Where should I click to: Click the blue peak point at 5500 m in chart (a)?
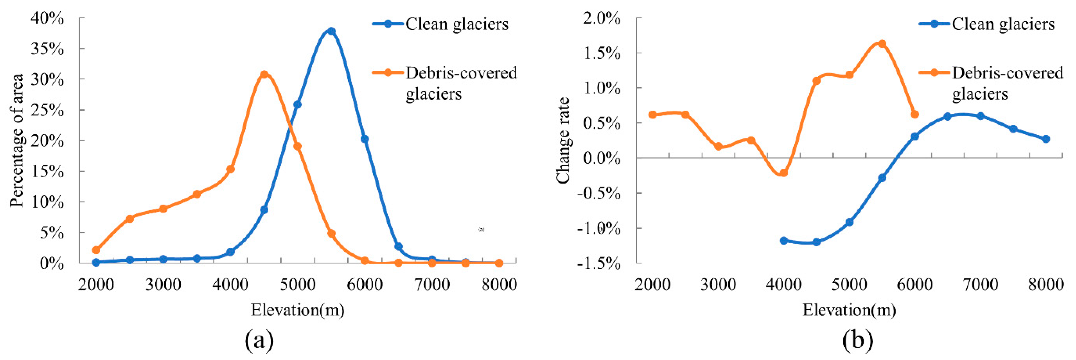tap(331, 31)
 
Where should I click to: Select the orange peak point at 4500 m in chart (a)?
tap(264, 74)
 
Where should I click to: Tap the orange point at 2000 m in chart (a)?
tap(96, 250)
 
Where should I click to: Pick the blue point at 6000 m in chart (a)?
tap(365, 139)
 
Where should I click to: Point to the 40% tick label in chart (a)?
tap(47, 19)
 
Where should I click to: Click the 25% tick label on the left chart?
tap(47, 110)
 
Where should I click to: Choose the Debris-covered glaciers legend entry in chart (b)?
tap(1007, 83)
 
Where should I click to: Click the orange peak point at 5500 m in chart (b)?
tap(882, 44)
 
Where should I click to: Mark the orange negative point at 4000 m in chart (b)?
tap(784, 172)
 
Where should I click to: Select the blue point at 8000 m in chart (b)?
tap(1046, 139)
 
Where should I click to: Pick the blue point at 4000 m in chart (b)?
tap(784, 240)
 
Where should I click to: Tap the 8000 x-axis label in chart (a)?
tap(499, 285)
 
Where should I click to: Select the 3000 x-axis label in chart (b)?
tap(718, 285)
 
